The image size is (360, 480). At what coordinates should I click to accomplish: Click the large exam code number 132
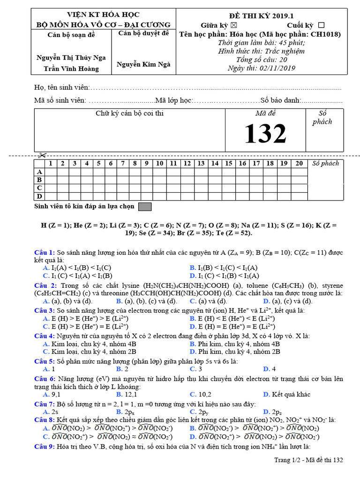coord(265,134)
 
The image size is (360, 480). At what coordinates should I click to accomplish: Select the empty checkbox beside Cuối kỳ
coord(321,25)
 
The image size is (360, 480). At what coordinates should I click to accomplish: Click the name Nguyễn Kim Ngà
coord(143,64)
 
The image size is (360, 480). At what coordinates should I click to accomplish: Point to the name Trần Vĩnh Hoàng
coord(71,68)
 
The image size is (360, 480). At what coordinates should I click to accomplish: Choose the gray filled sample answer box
coord(145,206)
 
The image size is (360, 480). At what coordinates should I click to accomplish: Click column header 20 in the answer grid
coord(299,164)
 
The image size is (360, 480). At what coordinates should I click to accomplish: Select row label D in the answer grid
coord(40,196)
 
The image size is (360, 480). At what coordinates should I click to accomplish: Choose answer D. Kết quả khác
coord(286,395)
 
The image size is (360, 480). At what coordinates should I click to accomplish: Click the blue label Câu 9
coord(45,446)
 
